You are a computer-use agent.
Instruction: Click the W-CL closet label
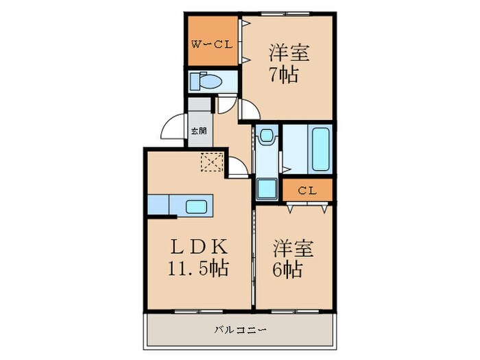(x=213, y=45)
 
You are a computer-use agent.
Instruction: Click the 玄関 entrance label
(x=198, y=130)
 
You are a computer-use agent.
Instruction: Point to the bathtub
(x=320, y=148)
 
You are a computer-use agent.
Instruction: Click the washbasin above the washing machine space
(x=266, y=138)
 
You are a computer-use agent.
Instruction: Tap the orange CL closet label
(x=307, y=191)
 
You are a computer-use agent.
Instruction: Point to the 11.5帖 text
(x=197, y=267)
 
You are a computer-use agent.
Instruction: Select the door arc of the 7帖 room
(x=248, y=110)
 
